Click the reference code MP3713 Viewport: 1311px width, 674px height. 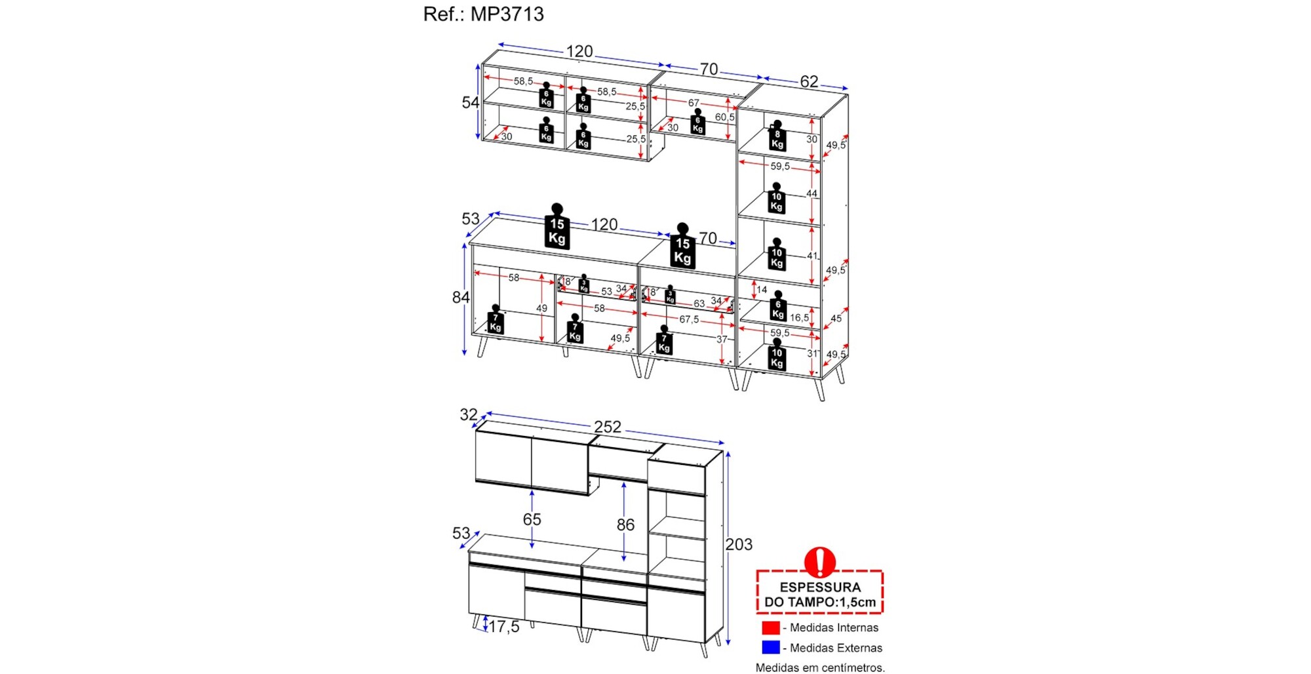(x=507, y=14)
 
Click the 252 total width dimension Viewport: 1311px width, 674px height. (x=608, y=427)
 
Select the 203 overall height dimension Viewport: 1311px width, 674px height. (x=739, y=544)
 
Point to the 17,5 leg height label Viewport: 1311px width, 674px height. (x=504, y=627)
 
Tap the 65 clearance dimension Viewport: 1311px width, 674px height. (x=532, y=519)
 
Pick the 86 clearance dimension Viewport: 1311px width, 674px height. (x=625, y=525)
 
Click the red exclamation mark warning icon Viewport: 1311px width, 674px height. (x=819, y=562)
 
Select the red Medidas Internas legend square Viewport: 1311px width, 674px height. (x=771, y=627)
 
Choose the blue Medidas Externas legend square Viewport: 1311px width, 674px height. (x=771, y=648)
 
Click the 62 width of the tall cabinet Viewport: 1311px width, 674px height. (x=809, y=81)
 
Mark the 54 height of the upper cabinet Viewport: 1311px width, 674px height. (x=470, y=102)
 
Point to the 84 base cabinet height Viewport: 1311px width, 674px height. (x=461, y=298)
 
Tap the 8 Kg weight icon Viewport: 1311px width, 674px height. (x=777, y=136)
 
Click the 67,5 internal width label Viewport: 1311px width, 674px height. (x=689, y=319)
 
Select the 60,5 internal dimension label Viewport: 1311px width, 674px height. (x=724, y=117)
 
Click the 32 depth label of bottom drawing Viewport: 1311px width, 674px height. (x=468, y=414)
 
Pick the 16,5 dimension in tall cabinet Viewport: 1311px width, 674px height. (x=799, y=318)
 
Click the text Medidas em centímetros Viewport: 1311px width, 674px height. (x=820, y=667)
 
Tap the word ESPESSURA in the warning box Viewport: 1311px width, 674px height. (x=820, y=587)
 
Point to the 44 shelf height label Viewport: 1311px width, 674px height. (x=812, y=194)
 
